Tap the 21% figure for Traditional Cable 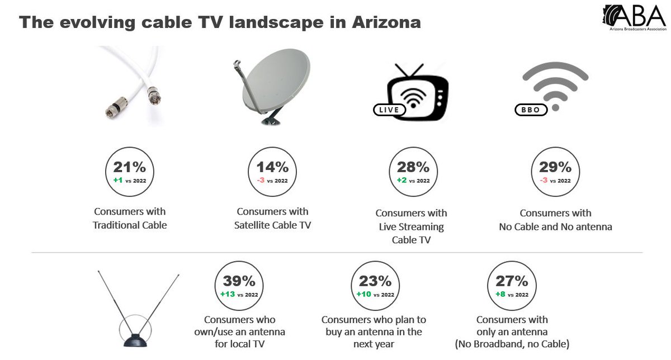[130, 167]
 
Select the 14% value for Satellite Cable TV [272, 167]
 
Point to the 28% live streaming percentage [413, 167]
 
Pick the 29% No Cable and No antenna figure [555, 167]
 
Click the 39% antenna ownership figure [239, 281]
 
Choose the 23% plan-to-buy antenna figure [375, 281]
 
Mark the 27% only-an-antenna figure [512, 281]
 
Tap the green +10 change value [365, 295]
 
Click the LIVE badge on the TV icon [389, 110]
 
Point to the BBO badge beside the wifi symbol [531, 110]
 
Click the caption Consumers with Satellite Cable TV [272, 219]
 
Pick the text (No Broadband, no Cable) [512, 344]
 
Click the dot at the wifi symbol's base [555, 106]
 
